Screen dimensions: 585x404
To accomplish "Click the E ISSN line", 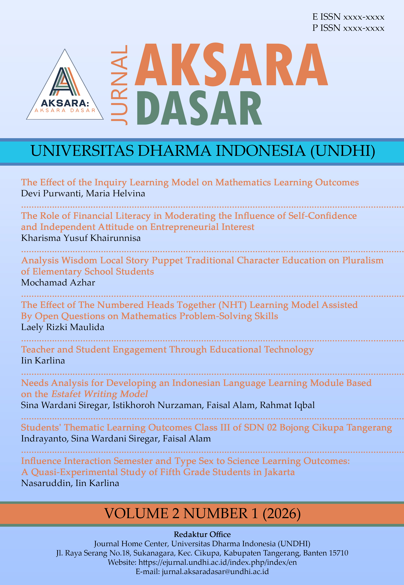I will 348,17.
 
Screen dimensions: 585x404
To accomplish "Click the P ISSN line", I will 348,28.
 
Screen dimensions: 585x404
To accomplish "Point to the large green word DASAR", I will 199,108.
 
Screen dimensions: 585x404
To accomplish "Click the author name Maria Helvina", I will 115,193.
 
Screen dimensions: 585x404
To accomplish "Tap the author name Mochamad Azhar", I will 58,282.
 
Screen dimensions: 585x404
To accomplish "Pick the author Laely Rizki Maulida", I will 63,327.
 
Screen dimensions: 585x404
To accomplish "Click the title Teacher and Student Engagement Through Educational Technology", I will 167,350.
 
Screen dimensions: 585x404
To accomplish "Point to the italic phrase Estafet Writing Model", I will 100,394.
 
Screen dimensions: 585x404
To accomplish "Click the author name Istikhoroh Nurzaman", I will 158,405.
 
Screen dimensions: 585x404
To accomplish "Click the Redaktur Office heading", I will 202,534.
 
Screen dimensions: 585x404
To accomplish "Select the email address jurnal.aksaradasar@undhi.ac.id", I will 215,571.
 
